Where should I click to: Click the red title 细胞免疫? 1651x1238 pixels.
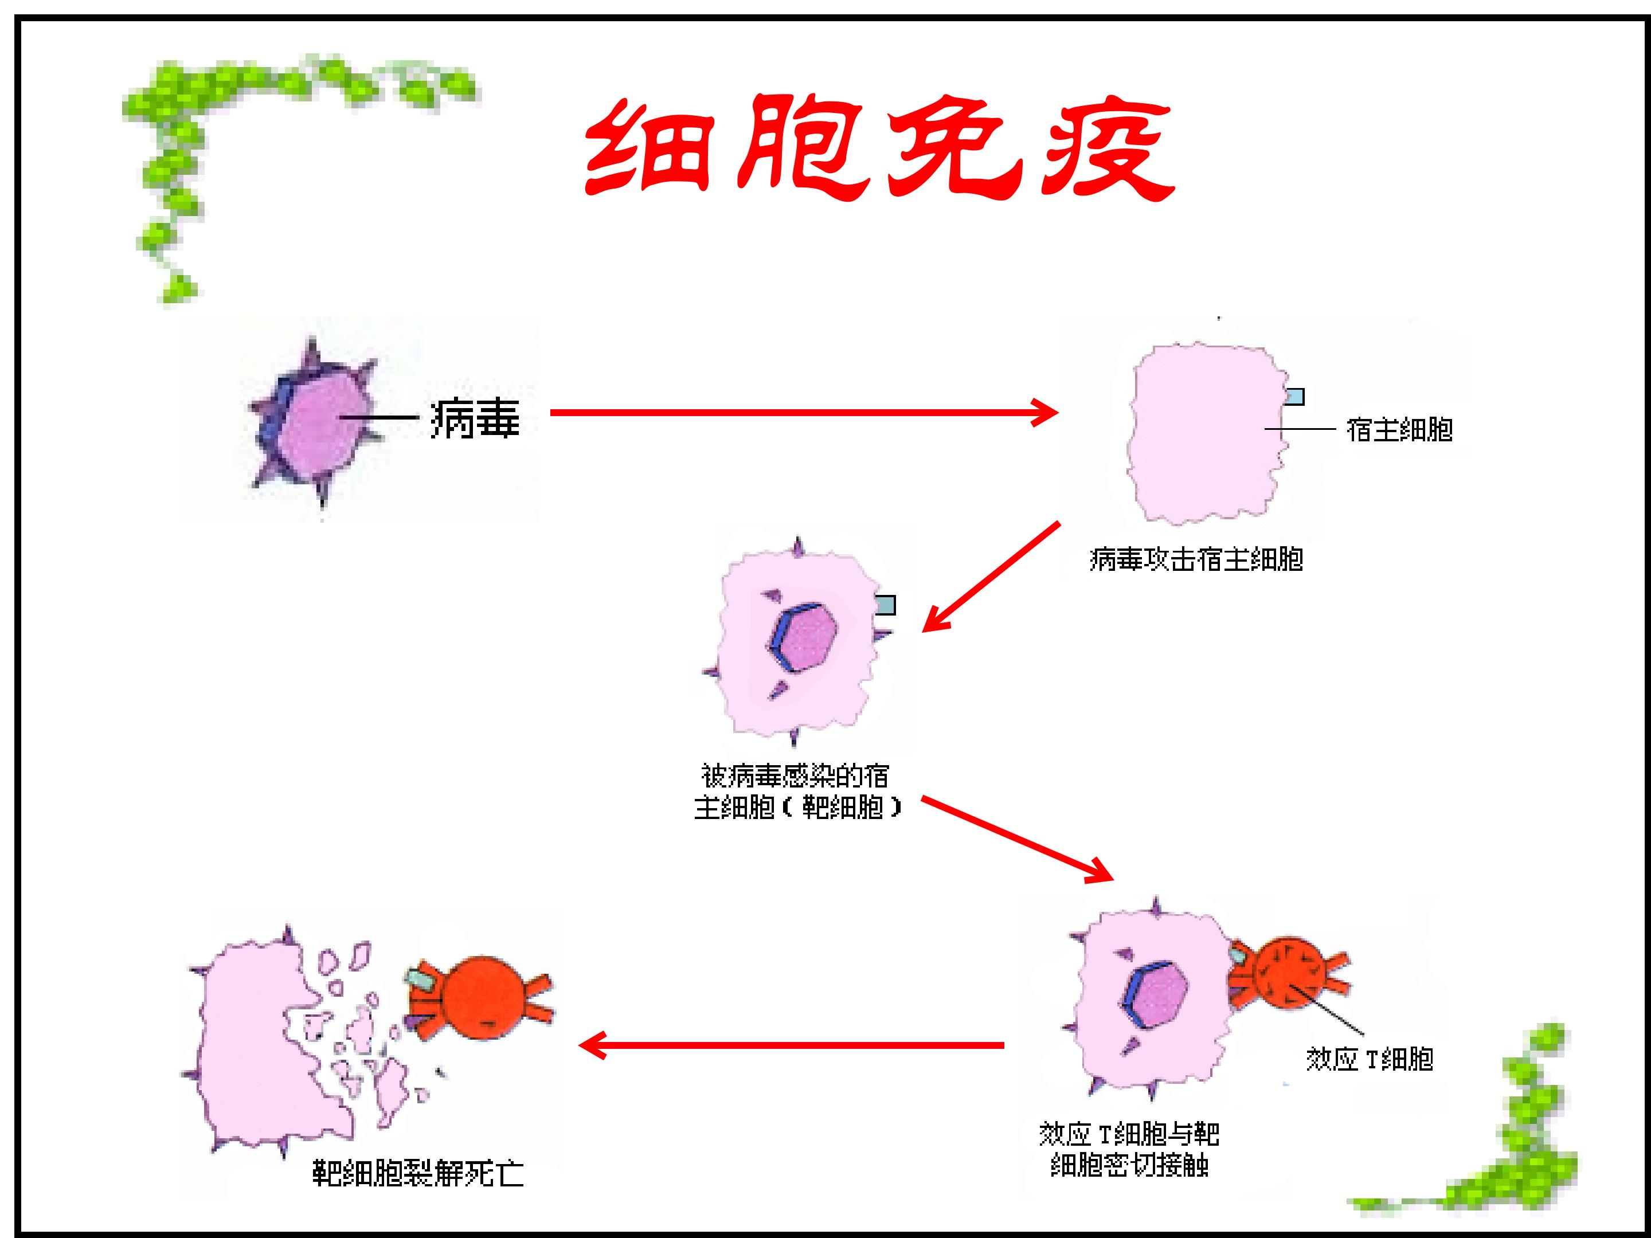(879, 149)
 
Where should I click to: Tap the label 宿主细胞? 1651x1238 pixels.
(1399, 430)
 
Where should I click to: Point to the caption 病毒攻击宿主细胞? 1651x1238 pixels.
(1196, 559)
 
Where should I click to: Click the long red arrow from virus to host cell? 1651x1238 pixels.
(804, 412)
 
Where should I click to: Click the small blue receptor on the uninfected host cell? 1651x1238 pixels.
(1294, 396)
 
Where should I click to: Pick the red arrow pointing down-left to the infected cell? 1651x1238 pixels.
(991, 577)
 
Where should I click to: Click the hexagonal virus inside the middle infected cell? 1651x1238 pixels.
(803, 637)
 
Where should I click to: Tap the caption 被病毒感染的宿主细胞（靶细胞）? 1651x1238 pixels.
(797, 792)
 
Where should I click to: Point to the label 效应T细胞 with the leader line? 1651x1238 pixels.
(1370, 1060)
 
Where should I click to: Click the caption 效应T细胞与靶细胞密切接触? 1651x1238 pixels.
(1129, 1150)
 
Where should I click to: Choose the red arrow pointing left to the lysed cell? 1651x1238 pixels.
(791, 1045)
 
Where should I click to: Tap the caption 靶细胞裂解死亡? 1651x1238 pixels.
(418, 1174)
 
